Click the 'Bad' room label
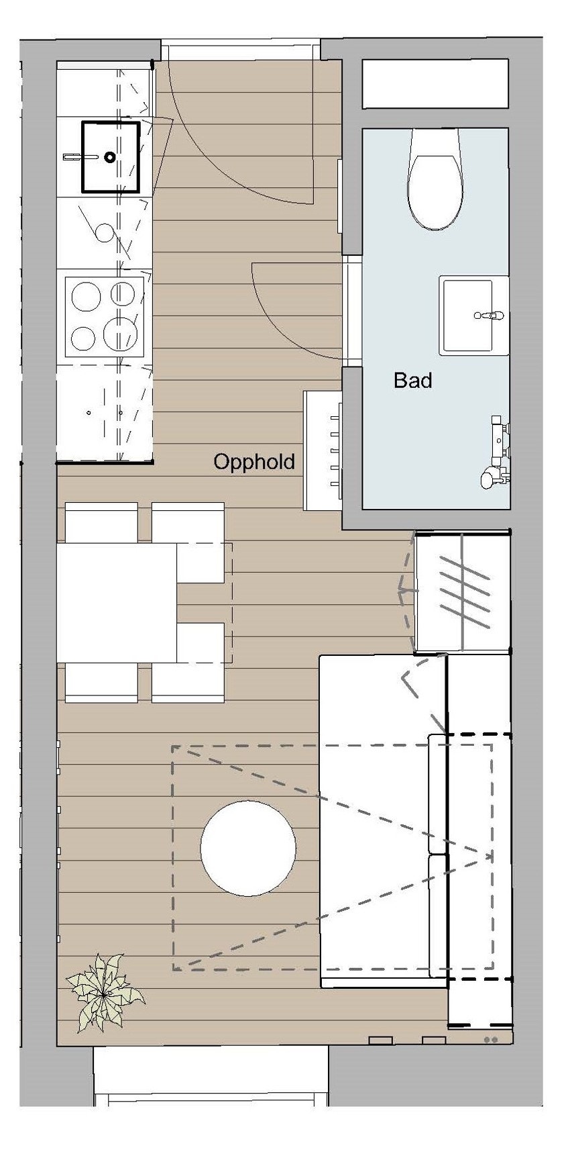click(x=412, y=381)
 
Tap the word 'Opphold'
click(x=253, y=462)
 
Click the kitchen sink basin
click(x=111, y=156)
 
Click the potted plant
click(x=103, y=992)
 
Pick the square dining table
click(x=117, y=602)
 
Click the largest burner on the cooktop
click(x=121, y=334)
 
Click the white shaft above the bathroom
click(x=435, y=84)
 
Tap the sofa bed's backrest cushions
click(x=437, y=853)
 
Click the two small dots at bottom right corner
click(x=491, y=1039)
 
